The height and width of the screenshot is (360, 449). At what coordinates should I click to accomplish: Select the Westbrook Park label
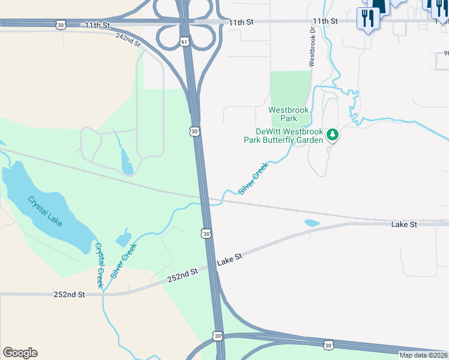click(x=283, y=114)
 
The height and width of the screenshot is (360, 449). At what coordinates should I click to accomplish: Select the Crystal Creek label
click(x=99, y=266)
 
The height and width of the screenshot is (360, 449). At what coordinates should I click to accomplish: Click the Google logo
click(x=20, y=353)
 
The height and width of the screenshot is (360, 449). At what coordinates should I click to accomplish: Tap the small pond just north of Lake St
click(x=312, y=223)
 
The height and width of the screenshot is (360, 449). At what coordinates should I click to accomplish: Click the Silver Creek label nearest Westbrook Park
click(x=253, y=178)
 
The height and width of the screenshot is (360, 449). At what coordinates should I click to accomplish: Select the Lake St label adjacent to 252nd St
click(x=229, y=258)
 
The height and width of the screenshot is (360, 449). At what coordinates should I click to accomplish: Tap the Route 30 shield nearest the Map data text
click(x=328, y=344)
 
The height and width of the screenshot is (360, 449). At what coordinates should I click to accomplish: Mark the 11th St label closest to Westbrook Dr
click(x=325, y=21)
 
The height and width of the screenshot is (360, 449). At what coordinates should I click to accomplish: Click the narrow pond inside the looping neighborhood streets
click(x=126, y=160)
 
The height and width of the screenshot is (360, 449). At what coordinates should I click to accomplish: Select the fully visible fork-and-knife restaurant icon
click(x=367, y=18)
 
